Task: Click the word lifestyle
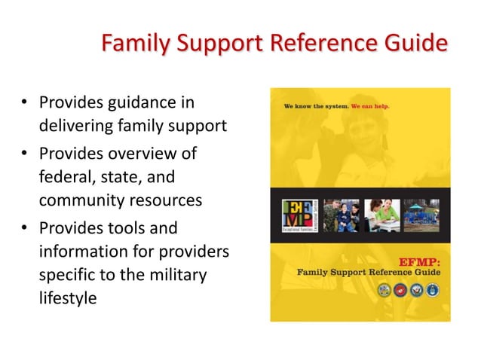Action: coord(69,298)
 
